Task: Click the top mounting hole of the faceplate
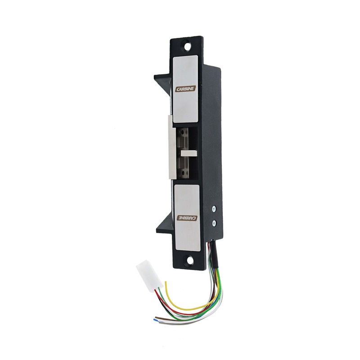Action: (186, 45)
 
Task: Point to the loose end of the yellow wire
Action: (166, 283)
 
